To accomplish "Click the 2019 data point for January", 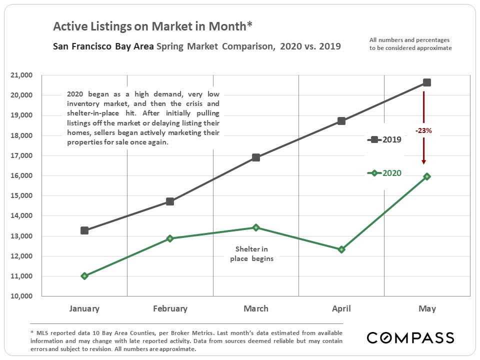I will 84,230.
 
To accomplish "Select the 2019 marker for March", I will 256,157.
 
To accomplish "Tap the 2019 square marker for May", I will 427,82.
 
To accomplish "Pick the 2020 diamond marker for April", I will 341,249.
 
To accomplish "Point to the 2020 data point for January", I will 84,276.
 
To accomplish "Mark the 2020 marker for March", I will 256,227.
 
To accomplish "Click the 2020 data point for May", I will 427,176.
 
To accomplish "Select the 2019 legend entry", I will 385,140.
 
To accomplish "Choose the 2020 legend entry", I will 385,173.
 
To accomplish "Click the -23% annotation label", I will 423,130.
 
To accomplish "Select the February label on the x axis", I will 170,308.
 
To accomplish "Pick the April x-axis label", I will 341,308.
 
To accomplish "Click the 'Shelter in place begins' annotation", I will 251,254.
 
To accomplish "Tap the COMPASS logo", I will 410,337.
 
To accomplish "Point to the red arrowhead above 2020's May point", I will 423,161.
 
